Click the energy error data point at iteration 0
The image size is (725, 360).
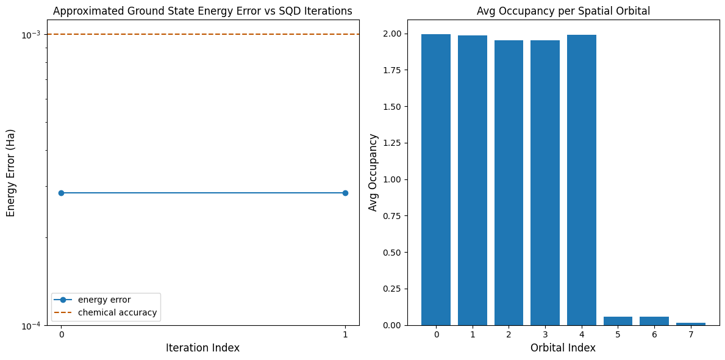(61, 193)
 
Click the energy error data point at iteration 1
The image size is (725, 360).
(345, 193)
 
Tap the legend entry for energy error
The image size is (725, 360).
(104, 300)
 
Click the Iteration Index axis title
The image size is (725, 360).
(202, 348)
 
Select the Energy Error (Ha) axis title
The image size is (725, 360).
(11, 173)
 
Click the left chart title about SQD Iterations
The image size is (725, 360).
(202, 11)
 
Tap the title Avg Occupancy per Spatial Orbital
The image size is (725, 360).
(563, 11)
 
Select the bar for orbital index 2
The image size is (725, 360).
(509, 183)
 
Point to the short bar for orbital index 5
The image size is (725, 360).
(618, 321)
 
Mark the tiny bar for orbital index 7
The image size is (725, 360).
(690, 323)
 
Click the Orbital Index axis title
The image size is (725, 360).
(563, 348)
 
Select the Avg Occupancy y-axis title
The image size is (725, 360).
(373, 173)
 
